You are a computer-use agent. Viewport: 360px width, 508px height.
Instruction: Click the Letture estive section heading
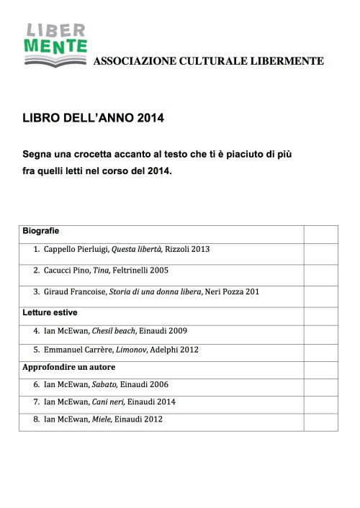click(50, 313)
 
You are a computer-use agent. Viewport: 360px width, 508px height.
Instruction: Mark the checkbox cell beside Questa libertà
click(320, 250)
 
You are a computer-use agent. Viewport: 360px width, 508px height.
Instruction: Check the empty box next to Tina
click(320, 271)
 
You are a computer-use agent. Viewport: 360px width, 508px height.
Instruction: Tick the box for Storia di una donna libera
click(320, 293)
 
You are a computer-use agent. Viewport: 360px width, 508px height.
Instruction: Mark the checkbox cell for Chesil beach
click(320, 332)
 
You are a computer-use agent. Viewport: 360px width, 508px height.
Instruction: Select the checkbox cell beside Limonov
click(320, 350)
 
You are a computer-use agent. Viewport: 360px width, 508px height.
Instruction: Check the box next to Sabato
click(320, 385)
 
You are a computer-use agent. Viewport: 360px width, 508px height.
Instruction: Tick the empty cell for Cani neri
click(320, 402)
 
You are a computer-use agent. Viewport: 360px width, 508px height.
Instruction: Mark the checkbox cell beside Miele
click(320, 420)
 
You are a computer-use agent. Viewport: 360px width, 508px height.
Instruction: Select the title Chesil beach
click(114, 332)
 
